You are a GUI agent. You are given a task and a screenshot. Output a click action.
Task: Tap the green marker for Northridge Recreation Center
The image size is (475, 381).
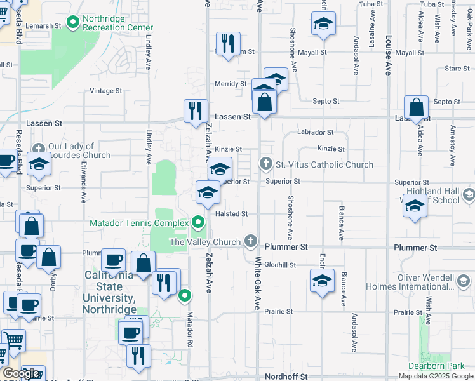tap(73, 23)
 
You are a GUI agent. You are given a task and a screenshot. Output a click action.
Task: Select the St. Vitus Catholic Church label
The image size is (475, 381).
tap(324, 165)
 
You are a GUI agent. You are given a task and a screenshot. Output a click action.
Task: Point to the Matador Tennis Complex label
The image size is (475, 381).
tap(139, 223)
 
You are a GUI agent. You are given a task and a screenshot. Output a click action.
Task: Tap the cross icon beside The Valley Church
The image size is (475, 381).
tap(251, 241)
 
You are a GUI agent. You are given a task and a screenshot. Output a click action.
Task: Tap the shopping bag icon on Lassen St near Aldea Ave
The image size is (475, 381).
tap(416, 108)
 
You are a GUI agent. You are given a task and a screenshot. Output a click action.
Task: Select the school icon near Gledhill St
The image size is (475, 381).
tap(322, 280)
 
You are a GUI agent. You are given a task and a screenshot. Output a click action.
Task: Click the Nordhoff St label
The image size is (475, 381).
tap(286, 377)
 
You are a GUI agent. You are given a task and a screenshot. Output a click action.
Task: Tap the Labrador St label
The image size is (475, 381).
tap(316, 133)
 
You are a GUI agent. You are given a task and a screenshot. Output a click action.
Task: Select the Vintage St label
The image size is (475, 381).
tap(105, 91)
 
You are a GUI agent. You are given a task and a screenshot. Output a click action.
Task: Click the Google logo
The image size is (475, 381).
tap(22, 373)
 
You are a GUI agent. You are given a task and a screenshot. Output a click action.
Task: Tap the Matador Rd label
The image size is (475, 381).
tap(189, 330)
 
